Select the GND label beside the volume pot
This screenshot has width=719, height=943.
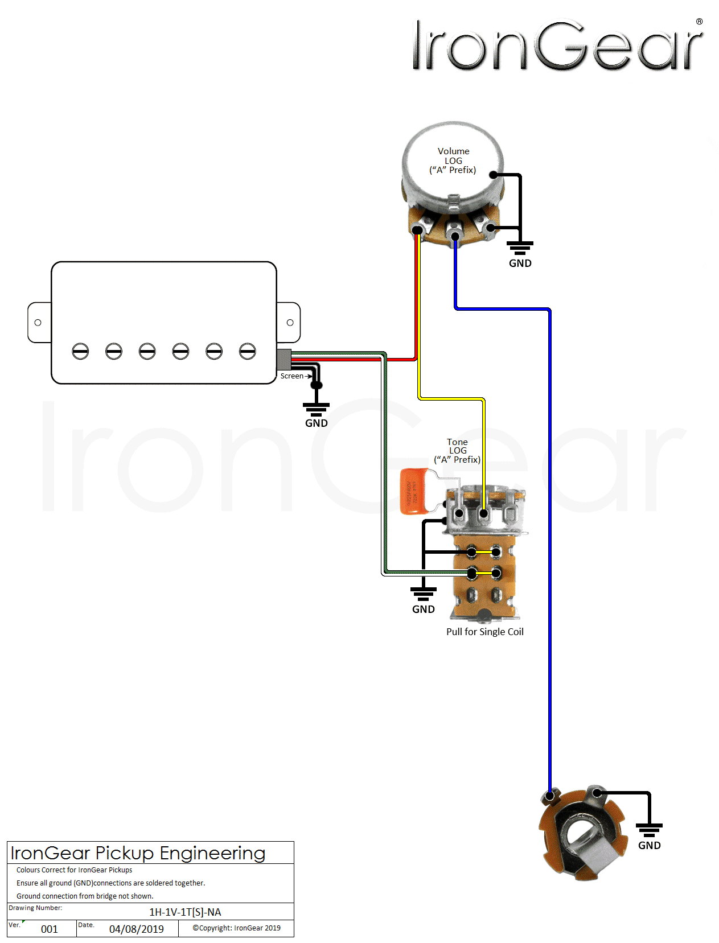520,263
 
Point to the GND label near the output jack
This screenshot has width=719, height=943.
649,846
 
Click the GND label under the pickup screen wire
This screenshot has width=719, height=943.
316,423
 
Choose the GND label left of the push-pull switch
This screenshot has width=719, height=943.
423,610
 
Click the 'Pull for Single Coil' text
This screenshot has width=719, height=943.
484,632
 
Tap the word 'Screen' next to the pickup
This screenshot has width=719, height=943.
291,376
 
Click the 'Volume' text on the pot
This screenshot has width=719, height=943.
453,151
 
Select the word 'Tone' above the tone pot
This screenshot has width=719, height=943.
457,442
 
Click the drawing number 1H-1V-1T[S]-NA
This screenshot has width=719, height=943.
185,912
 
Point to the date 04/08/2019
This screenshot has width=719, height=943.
136,929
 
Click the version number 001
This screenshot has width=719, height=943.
49,929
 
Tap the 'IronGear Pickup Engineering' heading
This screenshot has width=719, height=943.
138,853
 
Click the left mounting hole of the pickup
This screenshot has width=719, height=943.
38,323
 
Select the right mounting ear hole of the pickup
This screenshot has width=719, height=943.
290,323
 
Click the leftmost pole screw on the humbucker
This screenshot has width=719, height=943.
80,351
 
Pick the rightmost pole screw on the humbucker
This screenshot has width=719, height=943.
247,351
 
